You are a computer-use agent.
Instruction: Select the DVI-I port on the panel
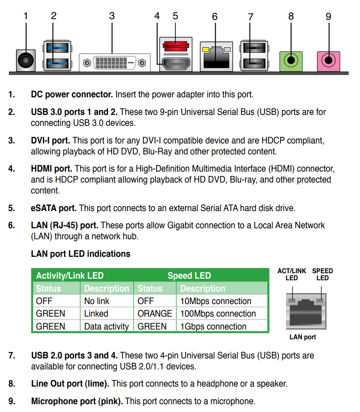[115, 63]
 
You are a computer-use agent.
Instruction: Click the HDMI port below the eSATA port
[176, 63]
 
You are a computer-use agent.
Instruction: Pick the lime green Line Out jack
[291, 61]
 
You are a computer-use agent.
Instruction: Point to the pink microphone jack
[329, 61]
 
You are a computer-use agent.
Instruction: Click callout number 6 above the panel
[215, 17]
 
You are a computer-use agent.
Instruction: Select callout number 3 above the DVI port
[112, 16]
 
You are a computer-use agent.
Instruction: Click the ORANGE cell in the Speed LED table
[154, 313]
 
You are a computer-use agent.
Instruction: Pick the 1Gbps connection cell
[213, 326]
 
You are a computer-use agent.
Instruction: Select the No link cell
[97, 301]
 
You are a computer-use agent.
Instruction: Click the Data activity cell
[106, 326]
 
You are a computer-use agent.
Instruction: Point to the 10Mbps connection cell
[215, 301]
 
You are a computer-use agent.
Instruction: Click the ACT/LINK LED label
[292, 274]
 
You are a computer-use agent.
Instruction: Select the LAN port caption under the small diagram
[303, 337]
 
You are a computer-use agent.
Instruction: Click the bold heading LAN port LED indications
[81, 254]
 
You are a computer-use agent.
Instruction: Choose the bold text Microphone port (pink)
[77, 401]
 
